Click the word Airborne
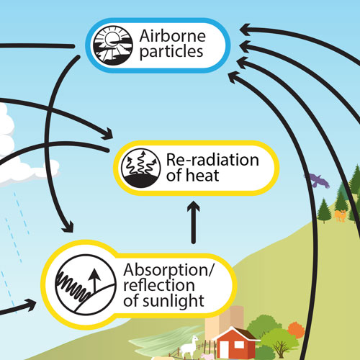point(172,36)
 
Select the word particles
point(171,52)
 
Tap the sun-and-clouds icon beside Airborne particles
point(113,45)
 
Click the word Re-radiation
point(212,160)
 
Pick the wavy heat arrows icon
point(140,168)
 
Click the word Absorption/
point(168,271)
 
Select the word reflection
point(159,285)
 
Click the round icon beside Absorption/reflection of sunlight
point(86,284)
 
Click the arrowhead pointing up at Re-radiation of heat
point(194,207)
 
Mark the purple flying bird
point(317,181)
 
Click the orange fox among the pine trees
point(340,215)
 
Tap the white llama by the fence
point(189,347)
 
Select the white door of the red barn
point(224,350)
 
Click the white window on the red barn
point(239,345)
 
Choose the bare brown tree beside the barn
point(280,348)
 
